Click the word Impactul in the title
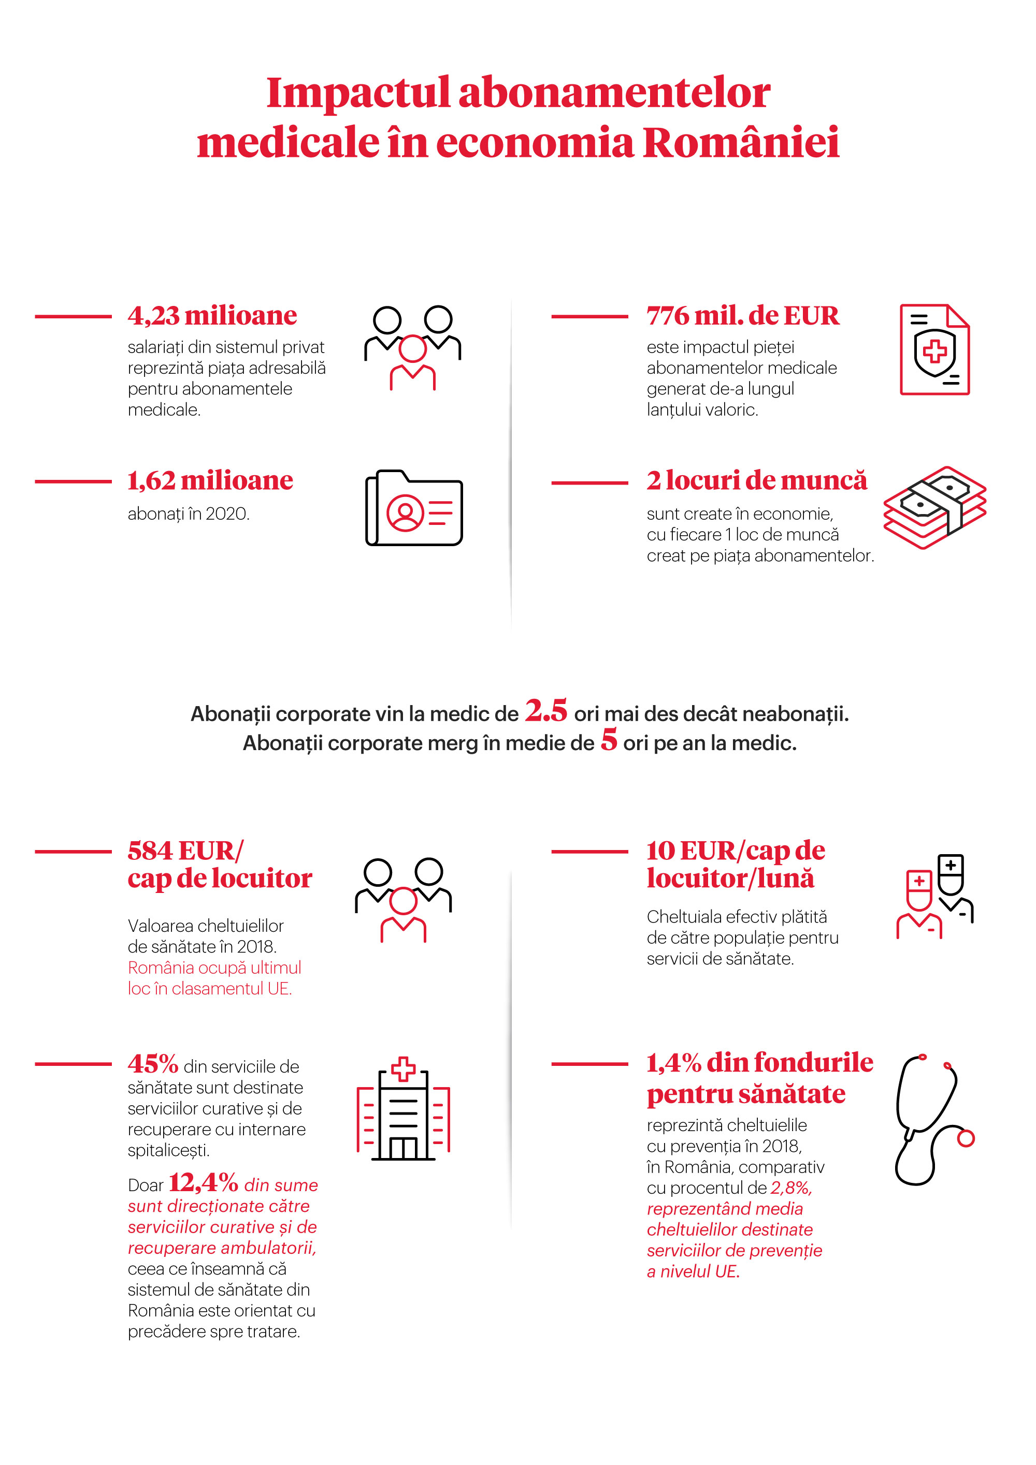358,93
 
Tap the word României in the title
740,142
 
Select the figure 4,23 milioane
212,316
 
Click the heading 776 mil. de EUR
742,316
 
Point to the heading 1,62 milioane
210,480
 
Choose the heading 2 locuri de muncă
756,480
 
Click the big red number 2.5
546,710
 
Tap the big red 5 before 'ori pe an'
608,740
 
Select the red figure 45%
153,1064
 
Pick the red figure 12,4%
203,1183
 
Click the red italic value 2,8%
791,1188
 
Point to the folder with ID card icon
414,508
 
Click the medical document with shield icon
934,349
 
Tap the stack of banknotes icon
934,507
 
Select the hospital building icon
404,1110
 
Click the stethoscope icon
932,1120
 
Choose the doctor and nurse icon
934,897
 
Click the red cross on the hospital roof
403,1070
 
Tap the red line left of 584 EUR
74,851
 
